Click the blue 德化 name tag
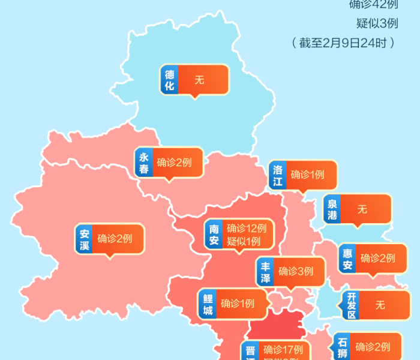[170, 80]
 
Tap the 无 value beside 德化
[199, 80]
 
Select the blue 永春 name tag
[144, 163]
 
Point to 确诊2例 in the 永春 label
[174, 163]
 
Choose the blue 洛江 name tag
[277, 175]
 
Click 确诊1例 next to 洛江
[307, 175]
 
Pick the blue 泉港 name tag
[332, 209]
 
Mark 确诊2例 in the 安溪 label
[115, 239]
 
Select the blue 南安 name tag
[214, 235]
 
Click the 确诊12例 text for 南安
[246, 228]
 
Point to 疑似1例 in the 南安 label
[244, 241]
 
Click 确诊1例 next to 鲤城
[237, 304]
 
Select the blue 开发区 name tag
[352, 305]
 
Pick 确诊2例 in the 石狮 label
[372, 347]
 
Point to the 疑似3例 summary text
[377, 23]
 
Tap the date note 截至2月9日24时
[343, 43]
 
